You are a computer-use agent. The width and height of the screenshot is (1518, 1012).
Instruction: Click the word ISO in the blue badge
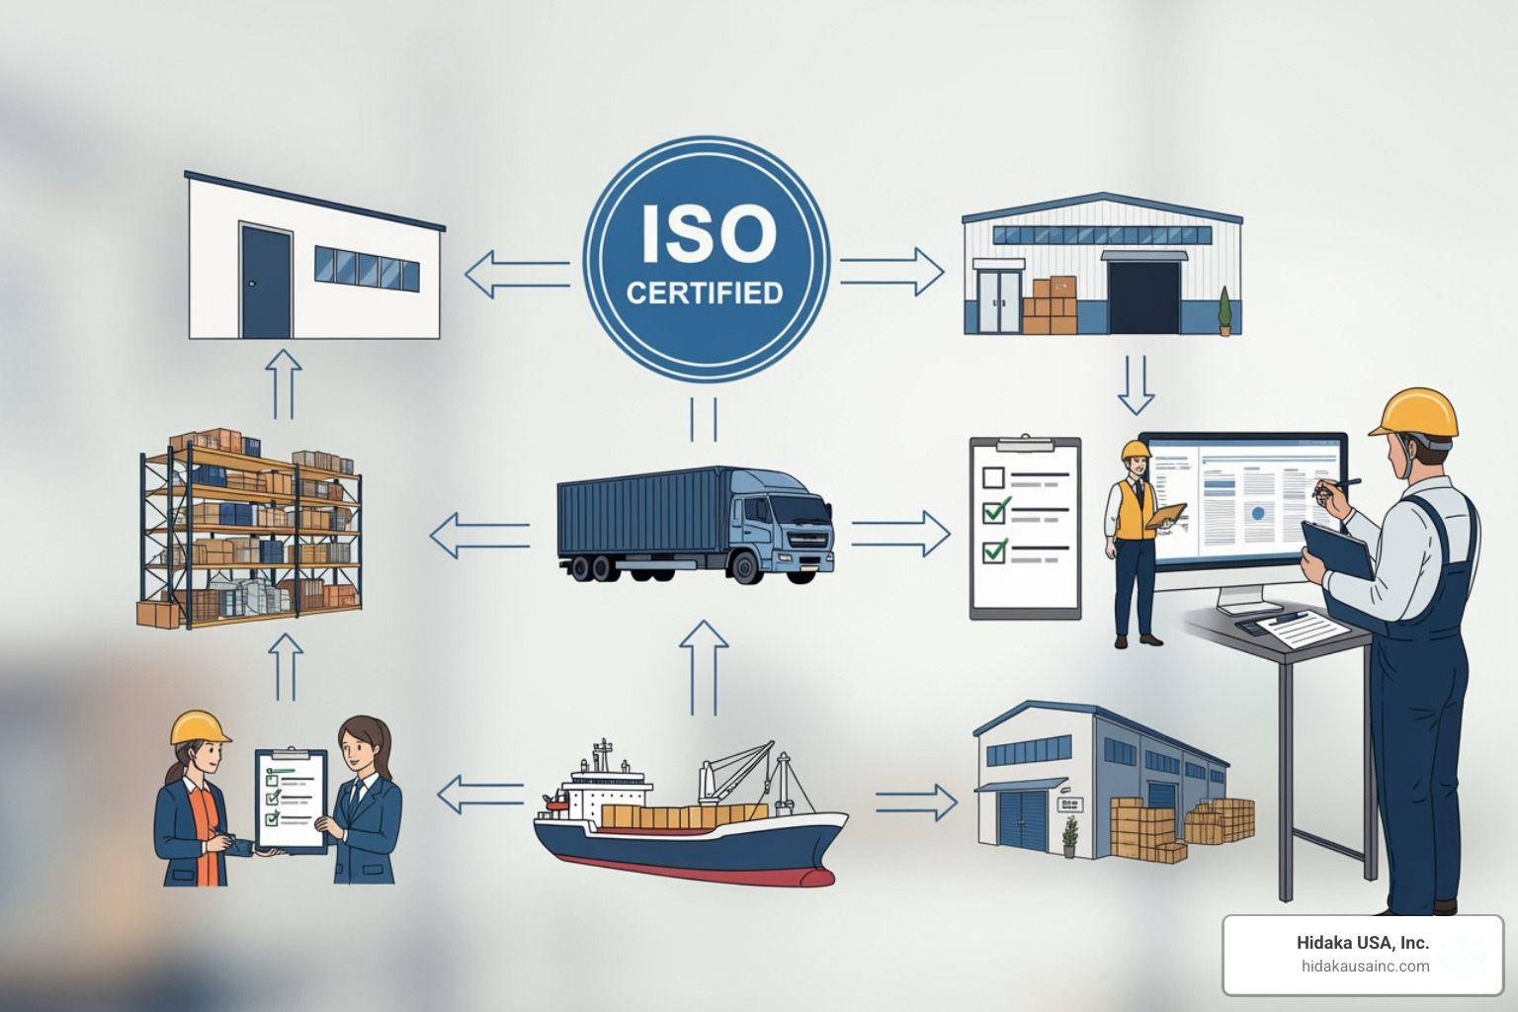point(708,234)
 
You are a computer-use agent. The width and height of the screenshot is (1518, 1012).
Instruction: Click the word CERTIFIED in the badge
point(705,294)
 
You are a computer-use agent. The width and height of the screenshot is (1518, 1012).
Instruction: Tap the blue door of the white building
point(266,283)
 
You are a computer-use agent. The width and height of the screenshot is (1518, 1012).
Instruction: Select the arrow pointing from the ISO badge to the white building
point(517,274)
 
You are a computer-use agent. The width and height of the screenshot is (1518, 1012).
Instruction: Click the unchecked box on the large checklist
point(994,478)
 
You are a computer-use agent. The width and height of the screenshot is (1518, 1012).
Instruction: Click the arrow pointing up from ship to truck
point(704,667)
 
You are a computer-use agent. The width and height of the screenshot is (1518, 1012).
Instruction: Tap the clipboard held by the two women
point(291,800)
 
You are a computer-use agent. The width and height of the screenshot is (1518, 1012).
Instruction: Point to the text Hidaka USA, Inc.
point(1362,943)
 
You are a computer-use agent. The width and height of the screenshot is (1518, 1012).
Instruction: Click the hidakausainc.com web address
point(1364,967)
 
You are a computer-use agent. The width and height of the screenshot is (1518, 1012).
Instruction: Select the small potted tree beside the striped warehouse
point(1225,312)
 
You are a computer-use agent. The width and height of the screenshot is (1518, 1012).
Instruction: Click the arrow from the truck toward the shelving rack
point(479,535)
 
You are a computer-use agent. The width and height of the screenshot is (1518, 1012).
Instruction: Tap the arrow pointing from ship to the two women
point(480,794)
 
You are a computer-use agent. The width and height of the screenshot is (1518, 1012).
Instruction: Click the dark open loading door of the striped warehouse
point(1144,296)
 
